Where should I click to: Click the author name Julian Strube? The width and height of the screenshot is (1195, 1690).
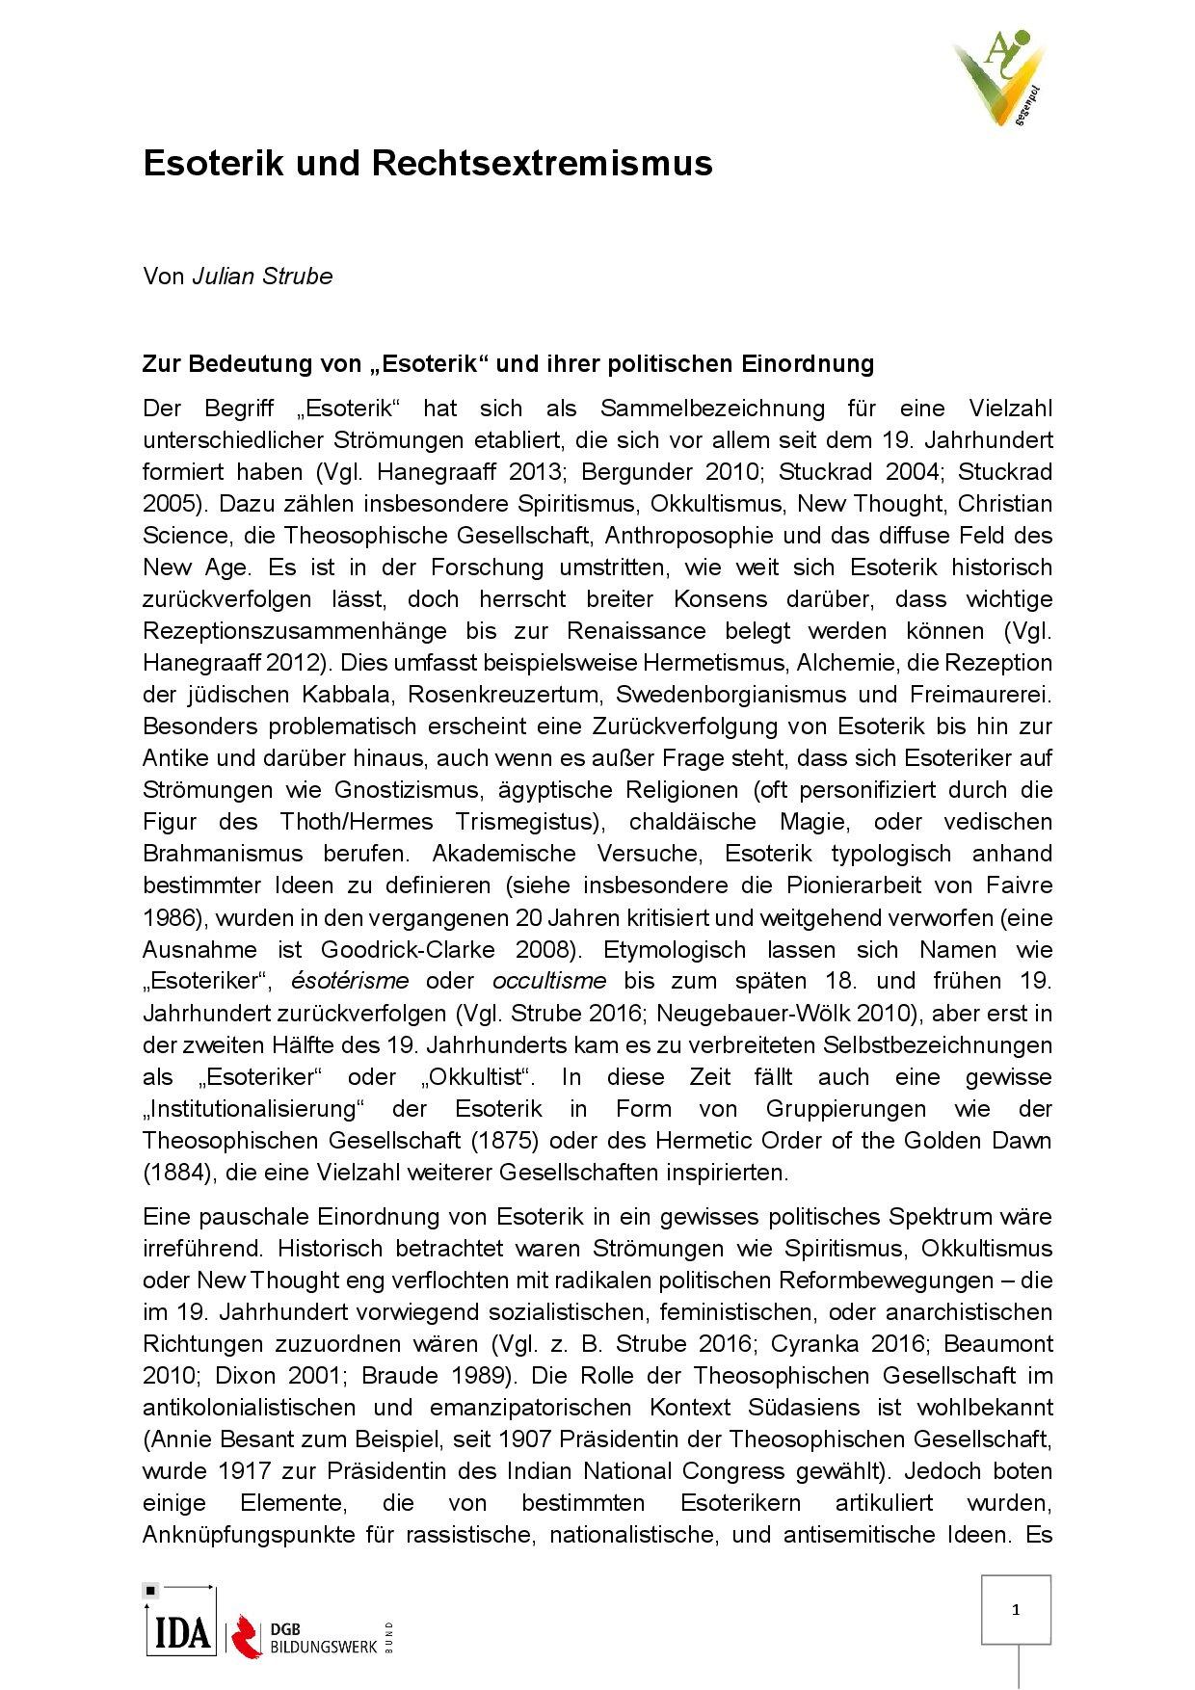coord(262,277)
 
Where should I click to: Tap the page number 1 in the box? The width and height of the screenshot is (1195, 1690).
coord(1016,1609)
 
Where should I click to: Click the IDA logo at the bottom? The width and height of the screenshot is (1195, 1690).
coord(180,1632)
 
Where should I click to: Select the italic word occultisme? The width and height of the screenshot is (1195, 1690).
coord(549,982)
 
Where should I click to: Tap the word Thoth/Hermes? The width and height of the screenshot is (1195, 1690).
coord(358,822)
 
